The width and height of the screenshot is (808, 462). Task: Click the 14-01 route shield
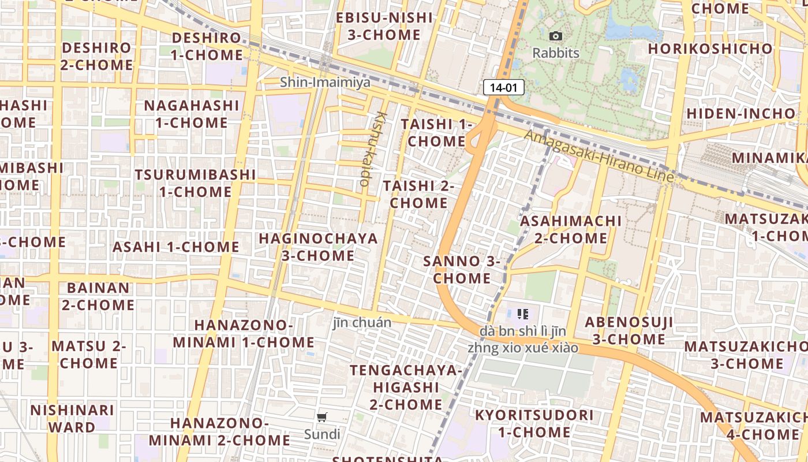click(503, 88)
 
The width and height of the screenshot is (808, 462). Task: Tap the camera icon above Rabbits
click(555, 36)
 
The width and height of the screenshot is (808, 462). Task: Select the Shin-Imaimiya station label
click(325, 83)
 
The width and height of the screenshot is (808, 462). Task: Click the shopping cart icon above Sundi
click(322, 417)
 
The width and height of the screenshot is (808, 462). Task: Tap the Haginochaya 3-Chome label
click(318, 247)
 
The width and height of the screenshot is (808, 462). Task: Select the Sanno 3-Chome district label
click(462, 270)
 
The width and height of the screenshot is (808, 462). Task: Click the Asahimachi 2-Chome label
click(571, 229)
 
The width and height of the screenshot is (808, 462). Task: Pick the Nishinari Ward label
click(72, 419)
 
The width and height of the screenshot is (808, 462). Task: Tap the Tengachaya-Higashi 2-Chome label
click(406, 387)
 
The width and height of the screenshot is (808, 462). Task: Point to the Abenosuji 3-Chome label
click(629, 330)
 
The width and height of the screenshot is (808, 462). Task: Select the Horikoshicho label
click(710, 49)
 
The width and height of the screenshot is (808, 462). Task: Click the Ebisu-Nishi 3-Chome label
click(384, 26)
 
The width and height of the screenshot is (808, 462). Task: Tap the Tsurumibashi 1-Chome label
click(195, 182)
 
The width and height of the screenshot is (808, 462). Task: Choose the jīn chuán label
click(362, 322)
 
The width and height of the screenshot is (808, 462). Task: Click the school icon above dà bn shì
click(523, 314)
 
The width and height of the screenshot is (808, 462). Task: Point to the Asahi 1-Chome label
click(175, 247)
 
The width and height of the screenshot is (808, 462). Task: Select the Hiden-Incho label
click(740, 113)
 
